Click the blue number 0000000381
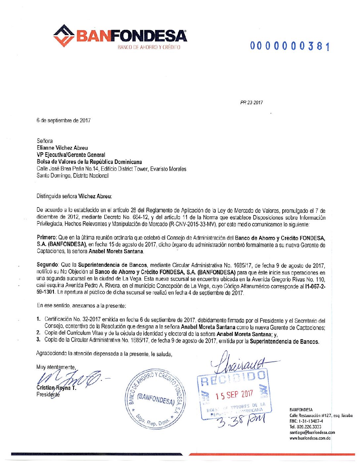pyautogui.click(x=290, y=46)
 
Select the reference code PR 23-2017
pyautogui.click(x=251, y=103)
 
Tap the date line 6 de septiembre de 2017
pyautogui.click(x=64, y=120)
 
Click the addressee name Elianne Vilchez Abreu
pyautogui.click(x=62, y=148)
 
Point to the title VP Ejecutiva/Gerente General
pyautogui.click(x=71, y=155)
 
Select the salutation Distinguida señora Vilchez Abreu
pyautogui.click(x=74, y=196)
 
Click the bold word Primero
pyautogui.click(x=46, y=238)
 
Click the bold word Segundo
pyautogui.click(x=47, y=265)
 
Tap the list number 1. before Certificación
pyautogui.click(x=38, y=319)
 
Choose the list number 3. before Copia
pyautogui.click(x=38, y=340)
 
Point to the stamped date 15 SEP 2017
pyautogui.click(x=234, y=395)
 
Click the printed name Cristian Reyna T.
pyautogui.click(x=56, y=388)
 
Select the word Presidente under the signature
pyautogui.click(x=48, y=394)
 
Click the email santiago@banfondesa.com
pyautogui.click(x=312, y=433)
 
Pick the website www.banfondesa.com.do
pyautogui.click(x=310, y=438)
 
